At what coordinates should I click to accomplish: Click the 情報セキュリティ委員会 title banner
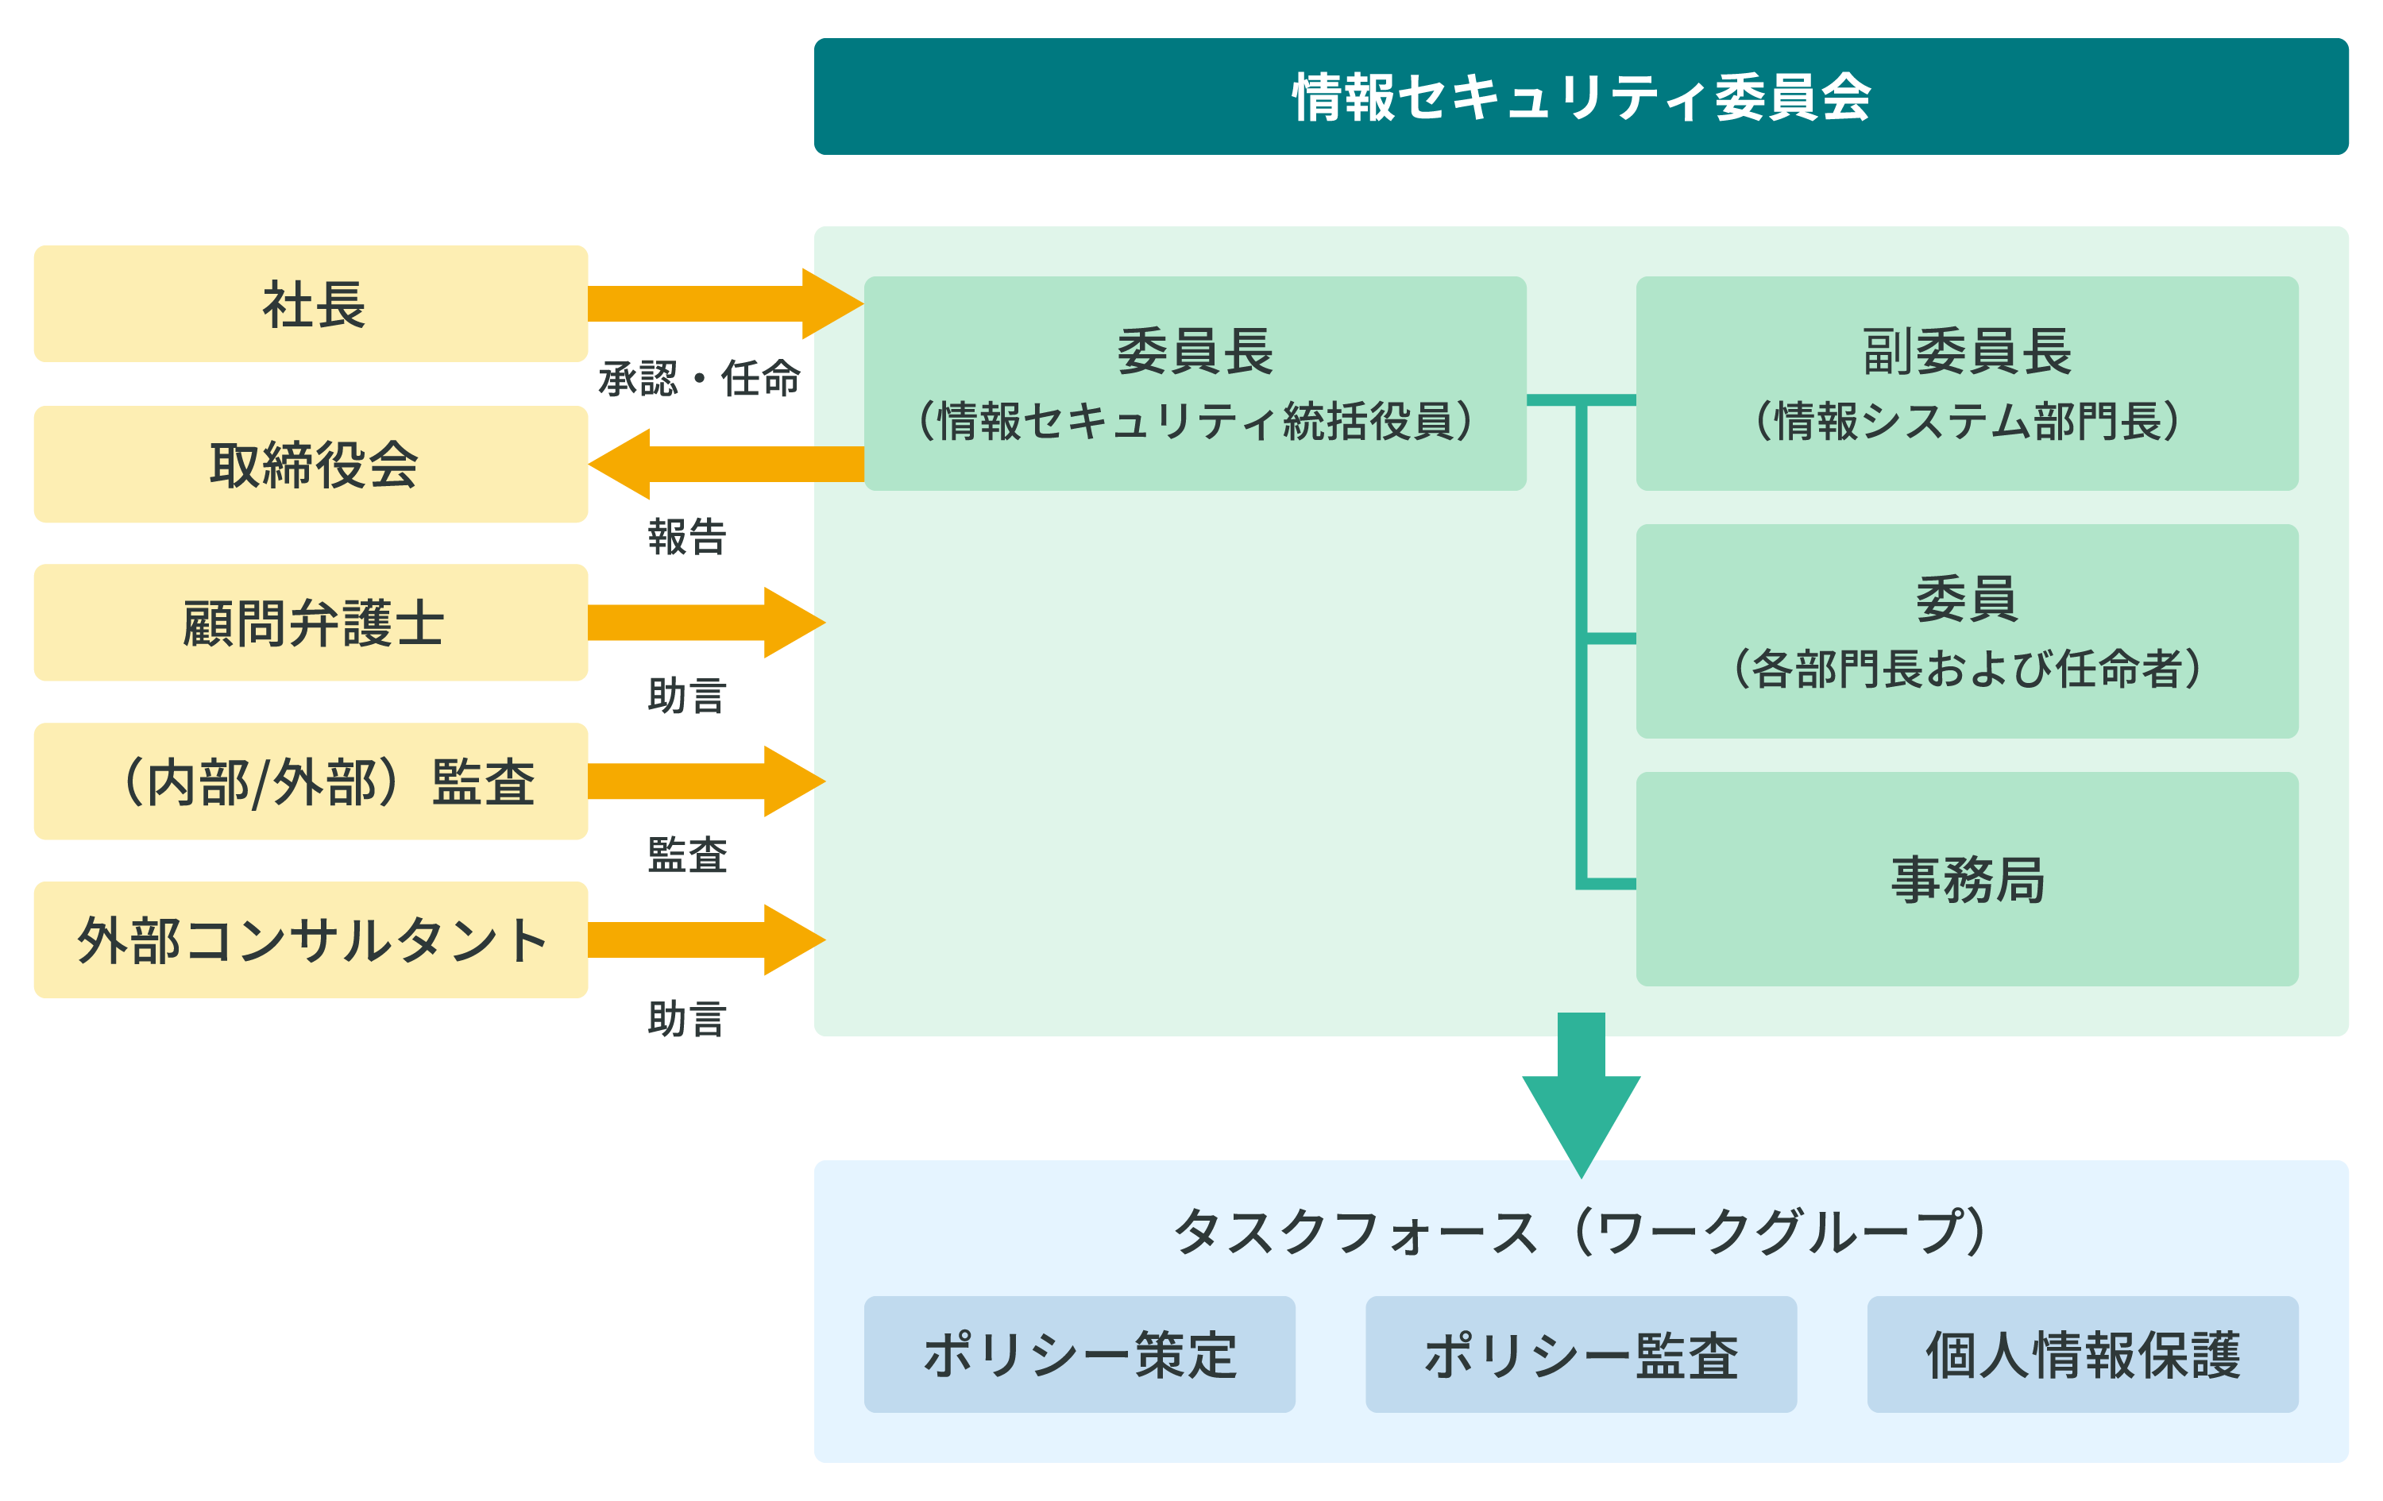coord(1581,97)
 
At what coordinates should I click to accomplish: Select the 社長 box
coord(311,303)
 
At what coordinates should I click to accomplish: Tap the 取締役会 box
coord(311,464)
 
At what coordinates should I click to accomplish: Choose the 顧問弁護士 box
coord(311,623)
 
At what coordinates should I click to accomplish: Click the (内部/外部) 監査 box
coord(311,781)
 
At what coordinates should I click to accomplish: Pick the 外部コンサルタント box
coord(311,940)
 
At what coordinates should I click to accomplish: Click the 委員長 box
coord(1195,384)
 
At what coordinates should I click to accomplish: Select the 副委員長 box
coord(1966,384)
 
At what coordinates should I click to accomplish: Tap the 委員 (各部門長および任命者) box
coord(1966,631)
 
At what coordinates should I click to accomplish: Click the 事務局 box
coord(1966,878)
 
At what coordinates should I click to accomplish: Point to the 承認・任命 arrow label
coord(699,379)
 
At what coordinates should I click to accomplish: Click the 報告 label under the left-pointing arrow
coord(687,538)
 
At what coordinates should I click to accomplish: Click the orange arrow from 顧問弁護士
coord(705,623)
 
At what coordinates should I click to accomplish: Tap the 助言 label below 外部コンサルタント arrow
coord(687,1018)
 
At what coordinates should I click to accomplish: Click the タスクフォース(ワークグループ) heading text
coord(1581,1232)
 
